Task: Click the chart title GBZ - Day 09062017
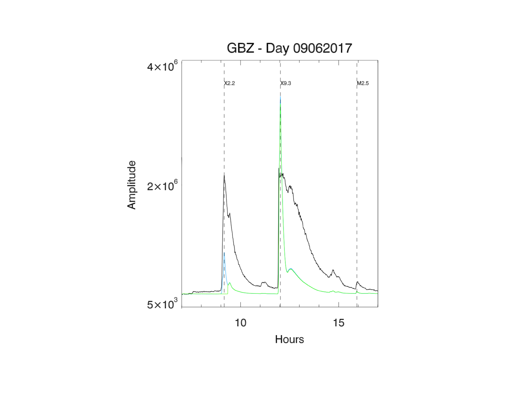(289, 48)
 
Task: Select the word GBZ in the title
(240, 48)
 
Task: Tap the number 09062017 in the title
(322, 48)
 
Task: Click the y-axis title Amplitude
(131, 185)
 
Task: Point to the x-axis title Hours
(289, 339)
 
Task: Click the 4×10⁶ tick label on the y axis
(162, 66)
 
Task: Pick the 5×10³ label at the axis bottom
(162, 304)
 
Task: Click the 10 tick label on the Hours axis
(241, 323)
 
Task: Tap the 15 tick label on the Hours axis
(339, 323)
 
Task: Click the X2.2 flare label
(229, 83)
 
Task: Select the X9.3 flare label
(286, 83)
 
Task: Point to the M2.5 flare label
(363, 83)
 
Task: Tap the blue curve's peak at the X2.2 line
(224, 253)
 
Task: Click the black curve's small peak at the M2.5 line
(358, 282)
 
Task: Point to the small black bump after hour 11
(264, 282)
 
